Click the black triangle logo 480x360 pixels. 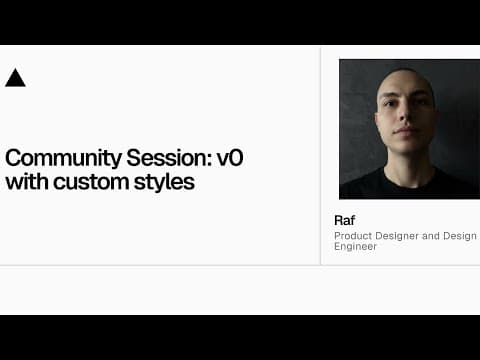coord(15,78)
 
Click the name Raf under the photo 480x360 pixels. coord(344,220)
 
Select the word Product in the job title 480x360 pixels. coord(351,236)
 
